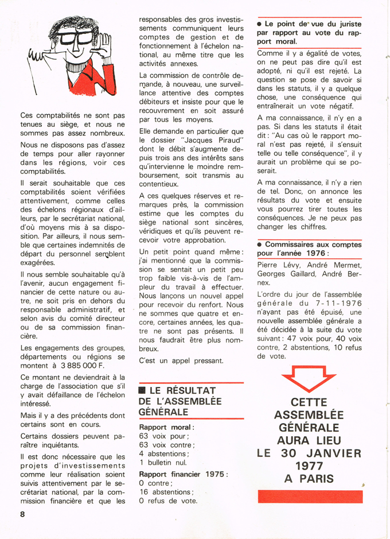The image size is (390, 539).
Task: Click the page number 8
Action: [22, 514]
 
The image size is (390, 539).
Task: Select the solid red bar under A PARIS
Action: [310, 497]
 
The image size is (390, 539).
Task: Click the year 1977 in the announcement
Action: [309, 466]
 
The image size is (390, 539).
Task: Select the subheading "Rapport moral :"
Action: [166, 427]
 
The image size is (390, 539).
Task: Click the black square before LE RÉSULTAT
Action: [142, 391]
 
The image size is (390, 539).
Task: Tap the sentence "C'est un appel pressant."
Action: [181, 360]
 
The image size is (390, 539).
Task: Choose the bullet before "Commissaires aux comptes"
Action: [260, 244]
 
